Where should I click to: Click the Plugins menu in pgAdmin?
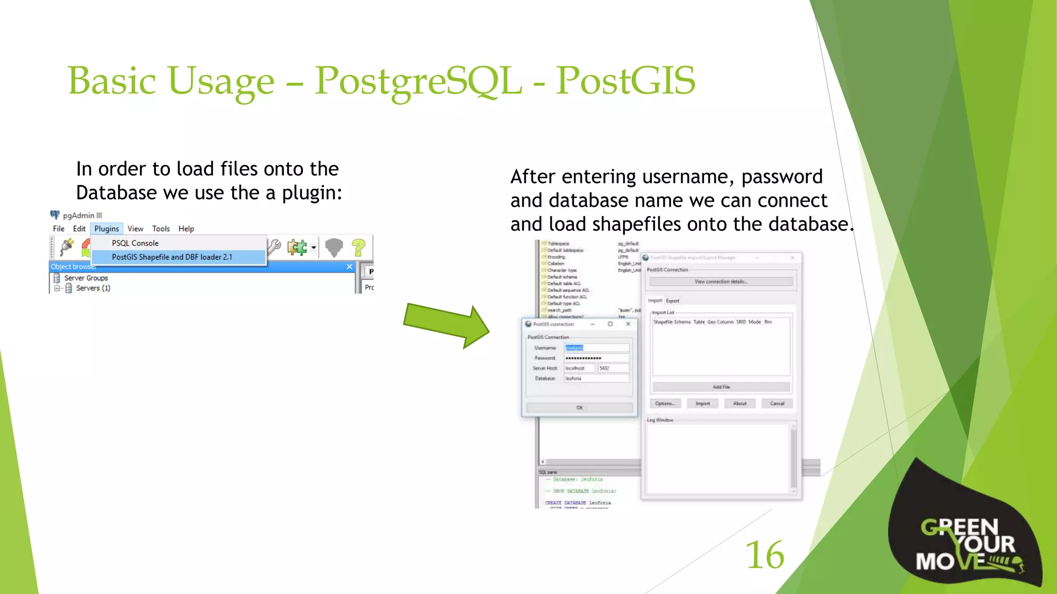coord(106,228)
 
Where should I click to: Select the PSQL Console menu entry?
coord(135,243)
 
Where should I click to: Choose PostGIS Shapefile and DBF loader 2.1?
coord(172,257)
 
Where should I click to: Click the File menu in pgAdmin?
coord(58,228)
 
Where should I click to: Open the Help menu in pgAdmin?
coord(186,228)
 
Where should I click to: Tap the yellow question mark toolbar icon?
coord(358,247)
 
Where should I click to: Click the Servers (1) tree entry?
coord(93,288)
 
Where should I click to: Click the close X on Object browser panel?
coord(349,267)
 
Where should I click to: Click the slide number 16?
coord(765,555)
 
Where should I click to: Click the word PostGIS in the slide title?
coord(626,81)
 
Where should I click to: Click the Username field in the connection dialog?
coord(596,348)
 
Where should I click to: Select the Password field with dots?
coord(596,358)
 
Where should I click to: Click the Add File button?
coord(721,387)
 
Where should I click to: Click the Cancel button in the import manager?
coord(777,403)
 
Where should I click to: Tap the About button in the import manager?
coord(740,403)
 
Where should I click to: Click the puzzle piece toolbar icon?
coord(297,247)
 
